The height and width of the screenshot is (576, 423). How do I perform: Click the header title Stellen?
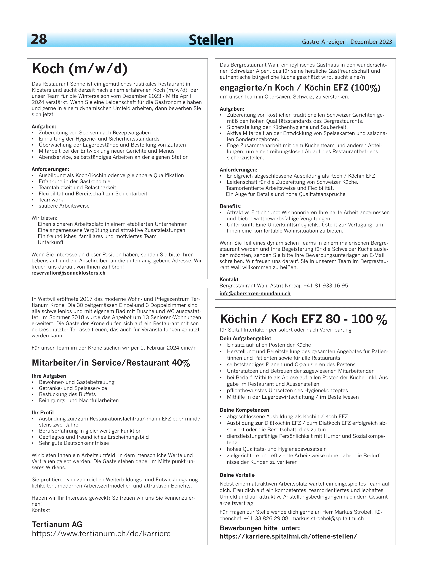[211, 40]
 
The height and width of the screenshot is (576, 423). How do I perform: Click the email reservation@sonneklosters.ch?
[68, 273]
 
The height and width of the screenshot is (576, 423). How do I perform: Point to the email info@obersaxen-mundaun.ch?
[255, 293]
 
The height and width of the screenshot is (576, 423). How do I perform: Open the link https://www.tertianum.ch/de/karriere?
[101, 533]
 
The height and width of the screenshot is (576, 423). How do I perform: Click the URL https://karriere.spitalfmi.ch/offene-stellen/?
[288, 536]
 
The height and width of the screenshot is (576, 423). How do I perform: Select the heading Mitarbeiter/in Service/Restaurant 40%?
[111, 363]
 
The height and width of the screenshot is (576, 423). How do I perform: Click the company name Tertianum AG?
[57, 524]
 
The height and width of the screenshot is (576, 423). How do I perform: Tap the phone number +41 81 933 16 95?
[325, 285]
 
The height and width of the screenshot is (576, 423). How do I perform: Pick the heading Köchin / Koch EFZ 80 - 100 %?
[303, 319]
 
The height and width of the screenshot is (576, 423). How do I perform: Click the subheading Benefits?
[230, 206]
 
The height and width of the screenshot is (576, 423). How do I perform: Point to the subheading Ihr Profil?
[43, 412]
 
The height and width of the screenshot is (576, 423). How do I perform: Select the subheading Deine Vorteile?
[237, 475]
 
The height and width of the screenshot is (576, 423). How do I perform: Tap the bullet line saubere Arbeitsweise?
[64, 206]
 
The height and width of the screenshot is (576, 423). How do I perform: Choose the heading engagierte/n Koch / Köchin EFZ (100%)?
[300, 88]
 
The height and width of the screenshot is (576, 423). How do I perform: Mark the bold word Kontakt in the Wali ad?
[229, 279]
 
